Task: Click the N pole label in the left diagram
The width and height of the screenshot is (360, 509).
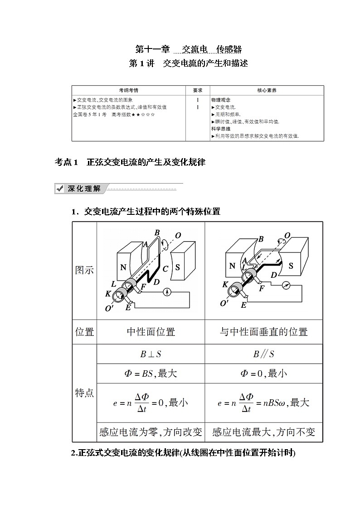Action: click(123, 267)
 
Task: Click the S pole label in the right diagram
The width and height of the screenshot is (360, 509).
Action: click(291, 266)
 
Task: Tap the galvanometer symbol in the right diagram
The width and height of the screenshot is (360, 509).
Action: click(285, 286)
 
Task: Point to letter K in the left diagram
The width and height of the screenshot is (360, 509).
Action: click(108, 294)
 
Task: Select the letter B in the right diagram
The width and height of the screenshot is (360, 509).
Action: click(261, 239)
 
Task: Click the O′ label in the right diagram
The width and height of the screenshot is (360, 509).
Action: click(224, 303)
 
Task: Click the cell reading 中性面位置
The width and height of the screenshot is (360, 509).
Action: click(151, 332)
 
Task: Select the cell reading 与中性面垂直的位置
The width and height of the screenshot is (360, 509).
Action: click(263, 332)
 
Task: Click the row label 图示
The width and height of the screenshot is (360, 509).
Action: click(84, 270)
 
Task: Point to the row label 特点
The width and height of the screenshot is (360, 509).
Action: click(84, 393)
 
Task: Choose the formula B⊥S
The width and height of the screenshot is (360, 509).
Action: click(150, 354)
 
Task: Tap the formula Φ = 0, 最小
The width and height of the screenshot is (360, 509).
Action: click(263, 374)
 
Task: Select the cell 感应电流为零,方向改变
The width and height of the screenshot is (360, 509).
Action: click(151, 432)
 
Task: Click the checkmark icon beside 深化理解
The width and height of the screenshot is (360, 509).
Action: click(59, 189)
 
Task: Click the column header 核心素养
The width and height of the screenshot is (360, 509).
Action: click(267, 90)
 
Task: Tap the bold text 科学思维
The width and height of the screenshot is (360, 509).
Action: click(220, 129)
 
